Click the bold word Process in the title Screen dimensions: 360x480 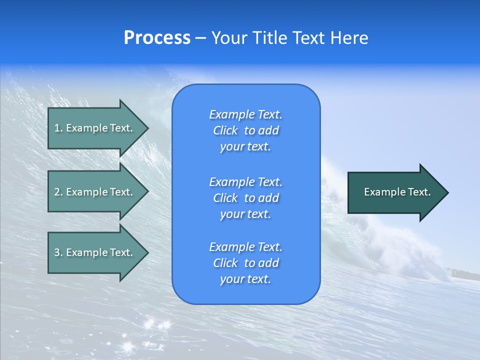click(x=157, y=38)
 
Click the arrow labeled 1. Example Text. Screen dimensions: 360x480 click(x=95, y=128)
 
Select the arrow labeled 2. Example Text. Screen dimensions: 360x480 click(x=95, y=192)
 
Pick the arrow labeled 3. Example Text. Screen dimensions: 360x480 click(x=95, y=252)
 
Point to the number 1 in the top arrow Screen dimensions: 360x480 click(x=57, y=128)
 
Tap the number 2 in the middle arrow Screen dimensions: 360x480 click(x=57, y=192)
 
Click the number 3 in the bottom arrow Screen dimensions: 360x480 click(x=57, y=252)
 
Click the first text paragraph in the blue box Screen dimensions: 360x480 click(x=245, y=130)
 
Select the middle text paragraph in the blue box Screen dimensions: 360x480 click(x=245, y=198)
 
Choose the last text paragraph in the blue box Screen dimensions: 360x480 click(x=245, y=263)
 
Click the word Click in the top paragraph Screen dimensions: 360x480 click(x=225, y=130)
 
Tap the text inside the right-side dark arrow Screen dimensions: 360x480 click(x=397, y=192)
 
